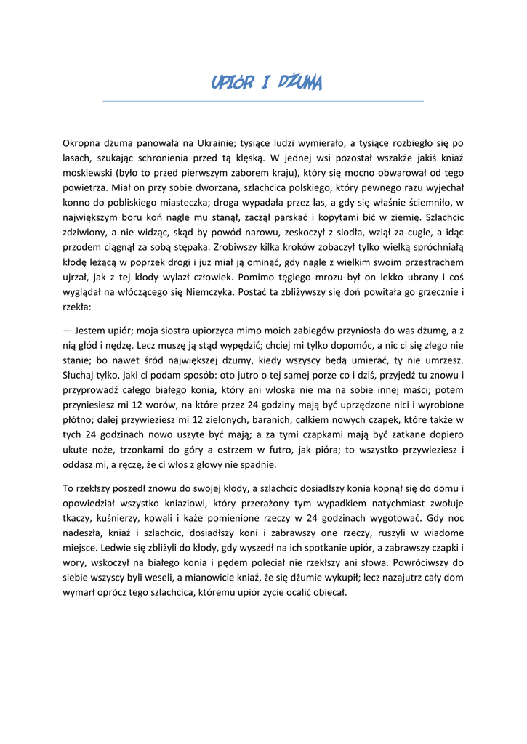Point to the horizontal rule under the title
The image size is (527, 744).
click(x=263, y=101)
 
